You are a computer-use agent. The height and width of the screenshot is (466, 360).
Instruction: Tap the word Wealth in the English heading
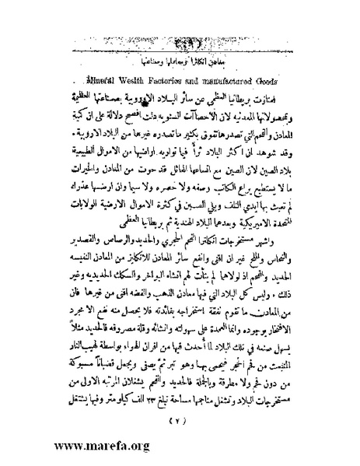tap(139, 79)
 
